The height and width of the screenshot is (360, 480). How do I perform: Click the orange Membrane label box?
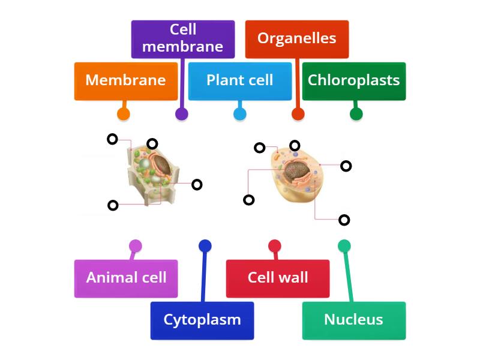[126, 81]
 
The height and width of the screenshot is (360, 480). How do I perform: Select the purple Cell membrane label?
[182, 39]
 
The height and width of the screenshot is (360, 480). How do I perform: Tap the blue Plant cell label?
[239, 81]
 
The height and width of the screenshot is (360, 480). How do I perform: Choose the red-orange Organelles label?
[296, 39]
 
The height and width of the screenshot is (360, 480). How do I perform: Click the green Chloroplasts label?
[353, 81]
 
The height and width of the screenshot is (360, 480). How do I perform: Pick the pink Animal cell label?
[126, 278]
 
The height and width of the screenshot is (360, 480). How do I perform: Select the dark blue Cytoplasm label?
[202, 320]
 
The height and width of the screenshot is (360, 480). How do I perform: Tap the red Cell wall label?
[277, 278]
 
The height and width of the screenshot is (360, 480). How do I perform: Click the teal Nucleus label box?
[353, 320]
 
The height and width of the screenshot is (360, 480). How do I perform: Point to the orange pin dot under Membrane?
[123, 114]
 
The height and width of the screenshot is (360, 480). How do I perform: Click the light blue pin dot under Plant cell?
[239, 114]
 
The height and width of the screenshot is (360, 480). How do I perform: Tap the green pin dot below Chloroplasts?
[356, 114]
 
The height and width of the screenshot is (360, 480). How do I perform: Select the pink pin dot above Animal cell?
[136, 246]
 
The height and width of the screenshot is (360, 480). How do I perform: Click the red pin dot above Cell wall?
[275, 246]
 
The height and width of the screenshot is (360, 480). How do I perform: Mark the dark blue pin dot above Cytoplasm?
[205, 246]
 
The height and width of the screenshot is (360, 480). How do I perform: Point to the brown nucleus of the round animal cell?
[296, 171]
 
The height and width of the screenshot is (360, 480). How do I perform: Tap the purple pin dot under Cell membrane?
[181, 114]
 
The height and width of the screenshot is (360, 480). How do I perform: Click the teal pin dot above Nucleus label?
[344, 246]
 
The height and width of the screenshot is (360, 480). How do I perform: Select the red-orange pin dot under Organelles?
[298, 114]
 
